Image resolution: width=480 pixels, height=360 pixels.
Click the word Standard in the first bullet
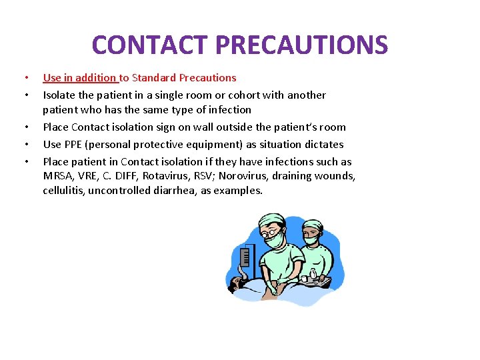pos(155,77)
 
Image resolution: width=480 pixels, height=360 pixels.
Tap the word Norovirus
pos(248,176)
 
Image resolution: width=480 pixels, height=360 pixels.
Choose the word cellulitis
pos(65,191)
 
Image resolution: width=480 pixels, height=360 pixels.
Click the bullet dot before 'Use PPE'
pos(25,144)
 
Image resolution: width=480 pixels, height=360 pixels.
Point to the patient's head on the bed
pos(237,285)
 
